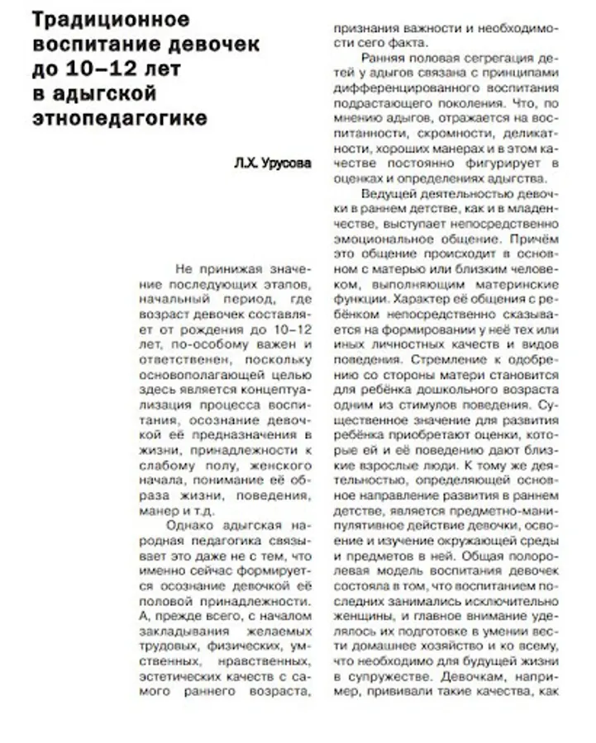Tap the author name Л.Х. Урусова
click(273, 163)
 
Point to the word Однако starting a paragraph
click(192, 525)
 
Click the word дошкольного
click(483, 390)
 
